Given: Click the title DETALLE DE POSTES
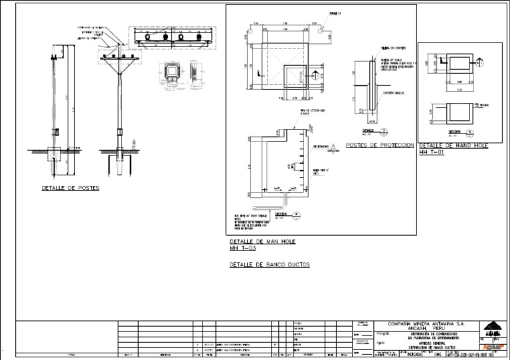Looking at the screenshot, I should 70,188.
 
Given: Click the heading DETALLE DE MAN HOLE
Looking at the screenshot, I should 262,241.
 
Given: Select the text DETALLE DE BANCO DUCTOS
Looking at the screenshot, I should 270,264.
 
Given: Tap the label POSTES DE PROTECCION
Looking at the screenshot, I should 379,145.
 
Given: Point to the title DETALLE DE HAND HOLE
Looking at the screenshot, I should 454,145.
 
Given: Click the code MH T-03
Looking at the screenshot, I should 242,248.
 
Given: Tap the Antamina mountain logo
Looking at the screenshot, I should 492,329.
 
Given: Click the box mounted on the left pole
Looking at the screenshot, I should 56,130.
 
